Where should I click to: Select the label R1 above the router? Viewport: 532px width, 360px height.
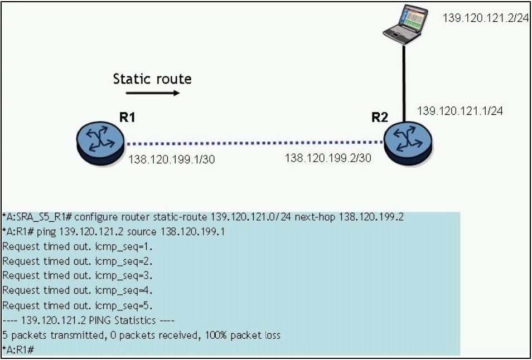click(x=127, y=118)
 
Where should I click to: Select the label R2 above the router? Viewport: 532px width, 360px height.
click(x=380, y=118)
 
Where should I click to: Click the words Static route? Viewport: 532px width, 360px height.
click(x=152, y=79)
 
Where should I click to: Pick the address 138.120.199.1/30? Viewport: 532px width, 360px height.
click(x=172, y=159)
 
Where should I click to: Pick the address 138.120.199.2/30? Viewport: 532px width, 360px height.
click(x=328, y=158)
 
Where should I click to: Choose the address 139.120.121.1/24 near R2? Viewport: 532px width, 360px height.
click(x=460, y=111)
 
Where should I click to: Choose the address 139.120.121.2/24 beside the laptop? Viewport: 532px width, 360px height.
click(x=485, y=17)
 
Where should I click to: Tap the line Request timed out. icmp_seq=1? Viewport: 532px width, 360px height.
click(x=78, y=246)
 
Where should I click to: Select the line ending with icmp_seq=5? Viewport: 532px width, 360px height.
click(x=78, y=305)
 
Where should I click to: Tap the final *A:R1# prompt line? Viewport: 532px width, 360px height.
click(x=18, y=349)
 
